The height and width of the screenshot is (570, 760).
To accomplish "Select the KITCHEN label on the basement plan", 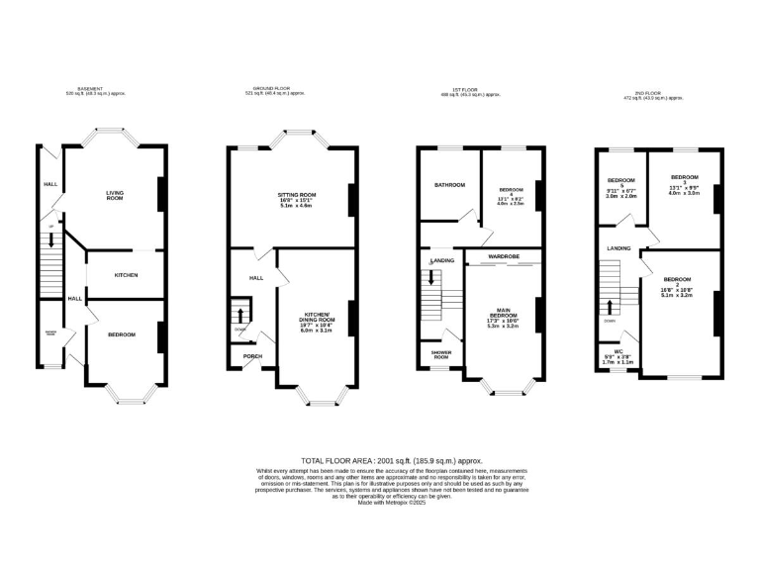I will pos(125,275).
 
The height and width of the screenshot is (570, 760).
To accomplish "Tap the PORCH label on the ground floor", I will pos(253,356).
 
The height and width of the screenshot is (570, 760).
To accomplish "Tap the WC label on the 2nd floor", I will pos(617,351).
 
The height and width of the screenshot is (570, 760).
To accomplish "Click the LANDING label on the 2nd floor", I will pos(619,248).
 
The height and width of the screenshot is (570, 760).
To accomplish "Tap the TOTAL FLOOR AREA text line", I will pos(379,461).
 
